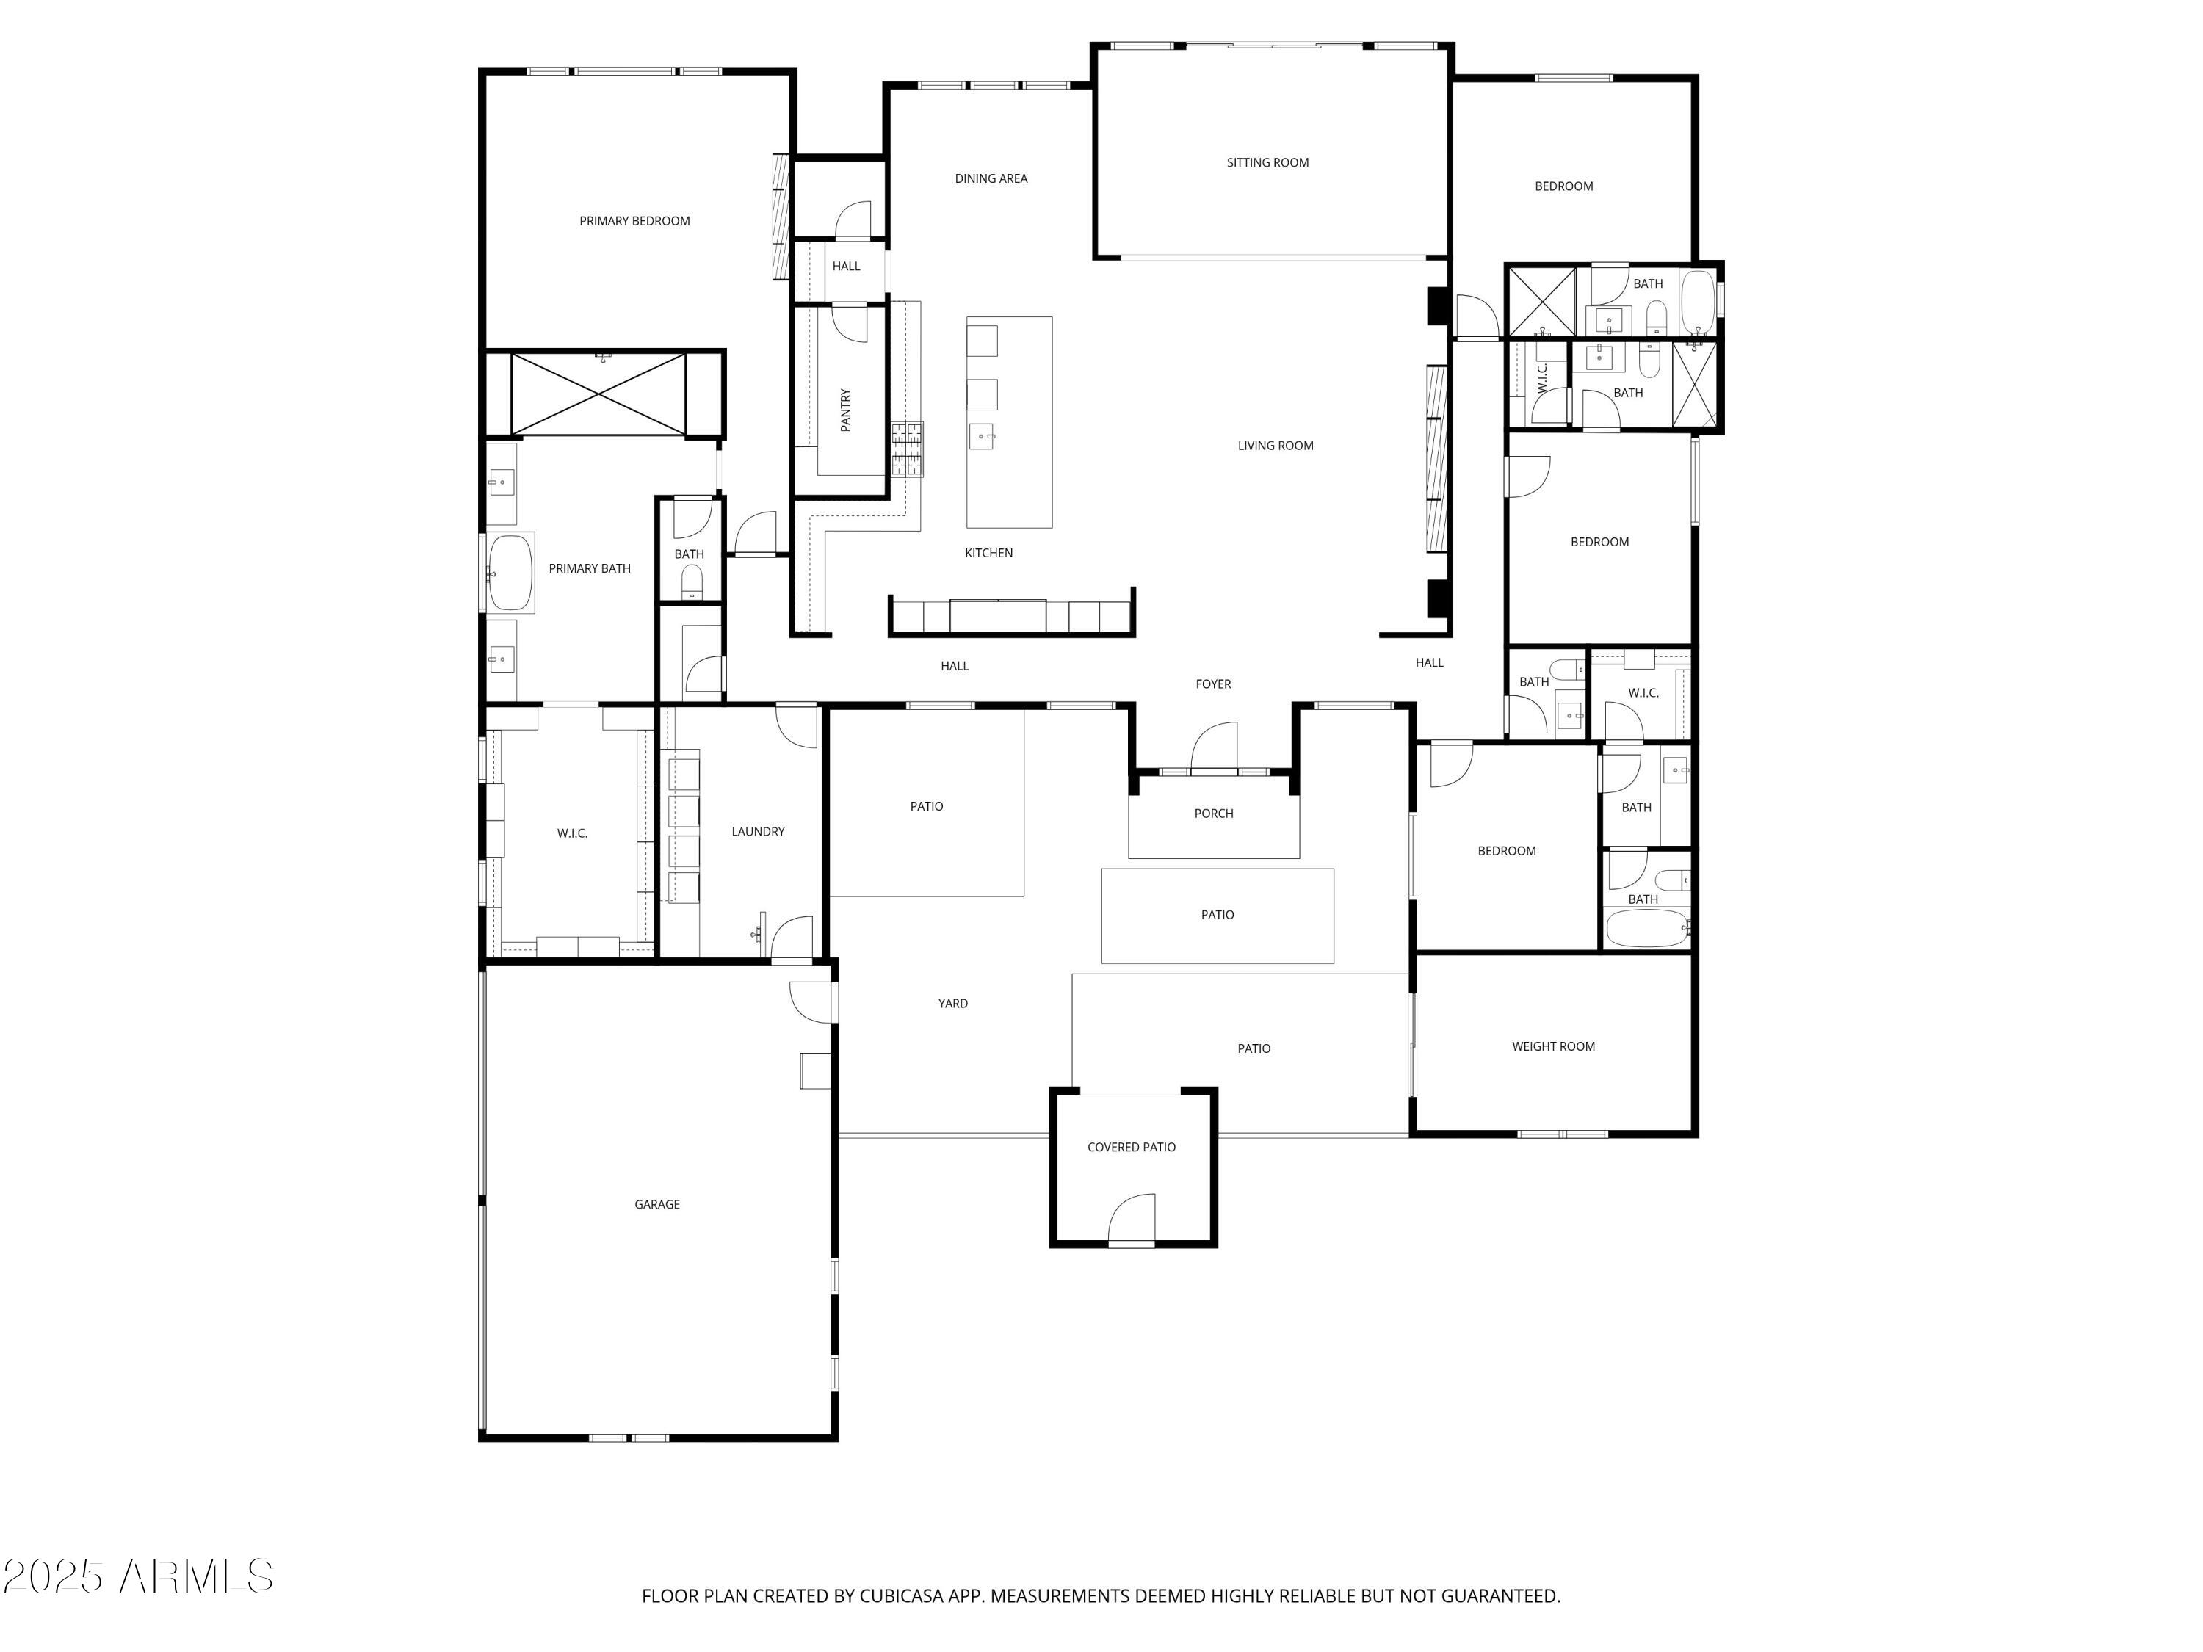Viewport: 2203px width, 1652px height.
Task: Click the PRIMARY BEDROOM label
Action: click(634, 221)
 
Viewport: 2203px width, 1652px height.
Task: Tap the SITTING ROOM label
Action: click(1267, 162)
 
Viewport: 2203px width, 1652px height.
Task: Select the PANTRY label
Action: click(845, 409)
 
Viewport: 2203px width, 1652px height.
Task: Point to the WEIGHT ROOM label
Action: click(1552, 1046)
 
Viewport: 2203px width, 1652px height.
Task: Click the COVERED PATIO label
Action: click(1132, 1147)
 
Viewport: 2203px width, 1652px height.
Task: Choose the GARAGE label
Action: click(657, 1204)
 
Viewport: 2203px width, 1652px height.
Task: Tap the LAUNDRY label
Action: click(758, 831)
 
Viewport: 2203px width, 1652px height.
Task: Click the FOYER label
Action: click(1213, 684)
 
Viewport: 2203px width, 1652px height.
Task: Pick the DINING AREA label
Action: click(991, 178)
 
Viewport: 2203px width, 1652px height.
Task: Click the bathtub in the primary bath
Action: click(510, 573)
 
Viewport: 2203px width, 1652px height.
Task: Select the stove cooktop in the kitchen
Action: click(906, 449)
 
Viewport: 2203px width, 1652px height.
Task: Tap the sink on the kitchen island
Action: click(982, 436)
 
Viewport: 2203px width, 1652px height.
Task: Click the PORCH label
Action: click(1213, 814)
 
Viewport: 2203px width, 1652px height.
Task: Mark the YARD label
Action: click(952, 1003)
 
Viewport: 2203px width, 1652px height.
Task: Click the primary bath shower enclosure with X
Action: click(598, 394)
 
